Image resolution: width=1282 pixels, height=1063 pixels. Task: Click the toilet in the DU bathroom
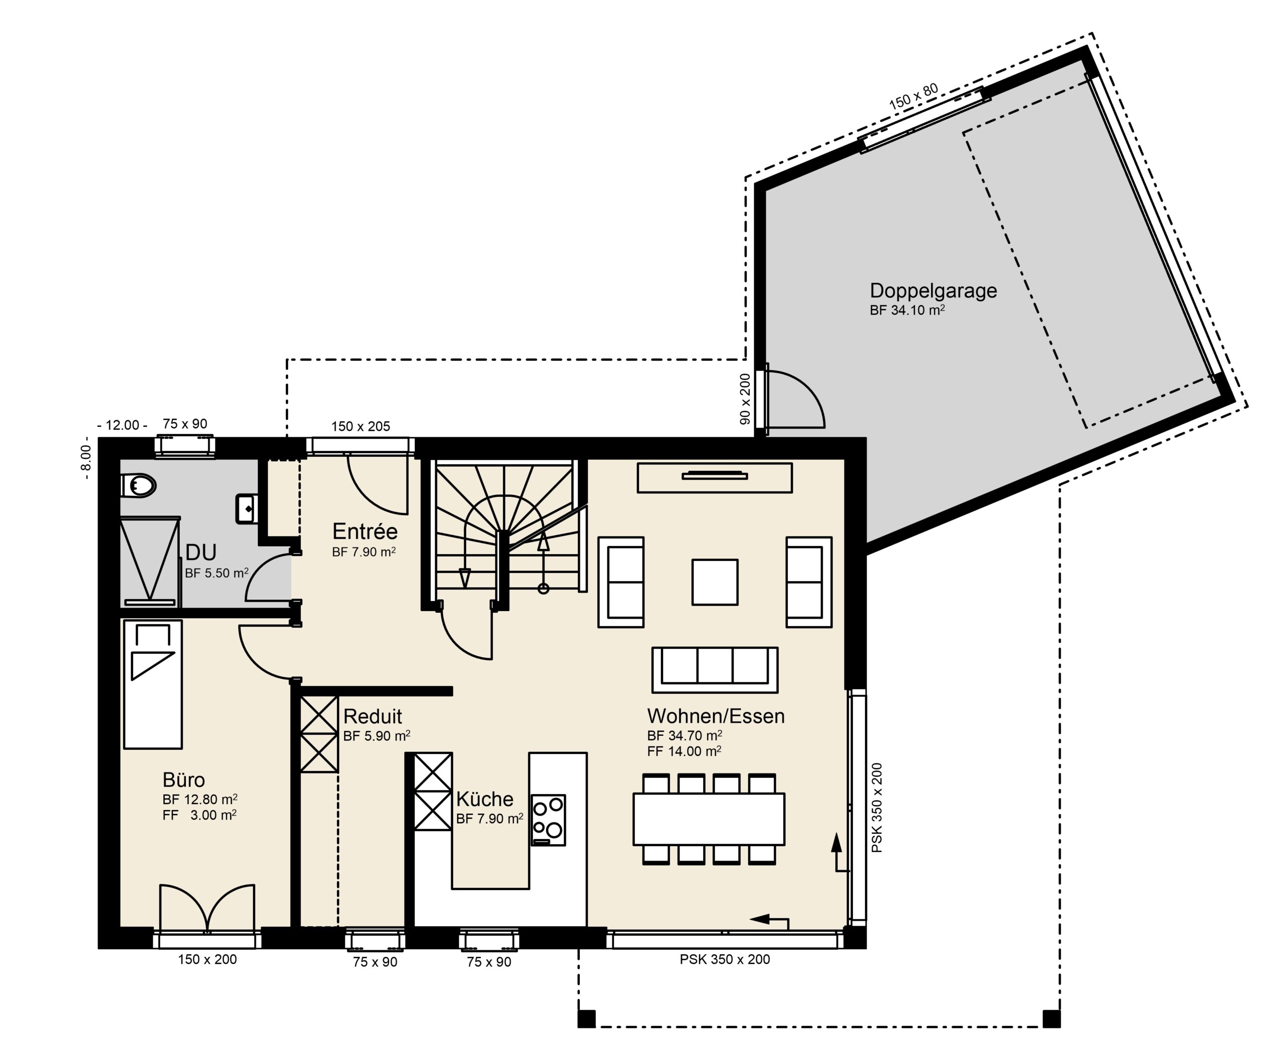[138, 486]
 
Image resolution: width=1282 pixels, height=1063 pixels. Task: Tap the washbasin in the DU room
[246, 508]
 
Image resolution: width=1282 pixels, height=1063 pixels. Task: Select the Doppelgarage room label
[933, 291]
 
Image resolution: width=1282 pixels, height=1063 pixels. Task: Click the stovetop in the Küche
[547, 820]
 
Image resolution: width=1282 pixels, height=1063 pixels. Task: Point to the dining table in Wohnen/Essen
[709, 819]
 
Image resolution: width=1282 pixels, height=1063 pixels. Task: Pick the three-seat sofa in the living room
[715, 670]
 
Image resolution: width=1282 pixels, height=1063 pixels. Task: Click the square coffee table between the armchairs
[715, 582]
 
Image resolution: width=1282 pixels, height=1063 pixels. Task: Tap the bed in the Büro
[153, 684]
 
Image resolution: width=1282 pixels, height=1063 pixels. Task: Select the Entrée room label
[365, 532]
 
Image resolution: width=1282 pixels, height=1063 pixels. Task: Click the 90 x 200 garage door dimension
[745, 399]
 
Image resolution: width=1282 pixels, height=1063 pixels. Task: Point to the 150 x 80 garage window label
[913, 98]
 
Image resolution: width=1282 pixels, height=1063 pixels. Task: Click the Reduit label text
[373, 716]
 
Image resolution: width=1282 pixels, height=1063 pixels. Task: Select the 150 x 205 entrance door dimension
[361, 426]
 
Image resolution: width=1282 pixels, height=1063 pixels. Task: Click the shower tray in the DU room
[150, 561]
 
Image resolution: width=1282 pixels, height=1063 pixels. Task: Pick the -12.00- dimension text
[122, 425]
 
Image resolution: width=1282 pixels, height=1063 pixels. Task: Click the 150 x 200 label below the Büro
[207, 959]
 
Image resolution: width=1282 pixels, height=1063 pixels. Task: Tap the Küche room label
[485, 799]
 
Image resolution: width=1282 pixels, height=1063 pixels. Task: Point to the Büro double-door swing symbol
[207, 908]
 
